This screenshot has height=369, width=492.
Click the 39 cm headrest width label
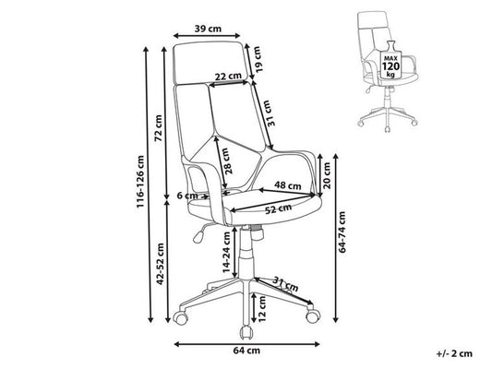pyautogui.click(x=208, y=29)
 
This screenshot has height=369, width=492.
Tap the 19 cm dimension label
pyautogui.click(x=257, y=59)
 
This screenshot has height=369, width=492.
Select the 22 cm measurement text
pyautogui.click(x=228, y=76)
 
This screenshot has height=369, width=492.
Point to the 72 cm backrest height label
pyautogui.click(x=159, y=128)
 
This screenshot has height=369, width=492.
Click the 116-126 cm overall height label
pyautogui.click(x=140, y=182)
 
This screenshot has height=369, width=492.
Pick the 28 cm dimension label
pyautogui.click(x=228, y=161)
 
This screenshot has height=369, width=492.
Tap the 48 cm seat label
pyautogui.click(x=288, y=185)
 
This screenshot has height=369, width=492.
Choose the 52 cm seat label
pyautogui.click(x=279, y=208)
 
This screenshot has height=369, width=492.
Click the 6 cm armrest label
pyautogui.click(x=187, y=196)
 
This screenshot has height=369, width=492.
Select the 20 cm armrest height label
pyautogui.click(x=327, y=175)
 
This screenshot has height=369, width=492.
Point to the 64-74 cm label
pyautogui.click(x=342, y=232)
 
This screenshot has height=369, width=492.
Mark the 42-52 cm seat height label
pyautogui.click(x=161, y=264)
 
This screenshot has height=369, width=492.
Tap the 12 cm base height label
pyautogui.click(x=261, y=309)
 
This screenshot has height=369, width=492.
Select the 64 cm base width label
pyautogui.click(x=246, y=351)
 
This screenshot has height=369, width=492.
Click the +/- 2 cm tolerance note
pyautogui.click(x=454, y=353)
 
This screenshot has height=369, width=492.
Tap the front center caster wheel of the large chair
pyautogui.click(x=246, y=333)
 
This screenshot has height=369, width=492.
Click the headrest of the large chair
pyautogui.click(x=210, y=63)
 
